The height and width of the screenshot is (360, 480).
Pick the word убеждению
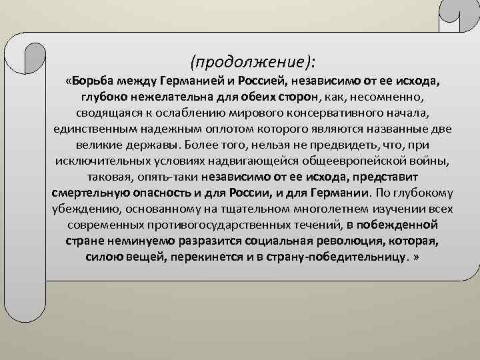point(83,209)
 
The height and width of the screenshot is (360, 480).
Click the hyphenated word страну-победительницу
point(333,257)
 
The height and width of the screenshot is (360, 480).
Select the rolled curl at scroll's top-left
point(30,49)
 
